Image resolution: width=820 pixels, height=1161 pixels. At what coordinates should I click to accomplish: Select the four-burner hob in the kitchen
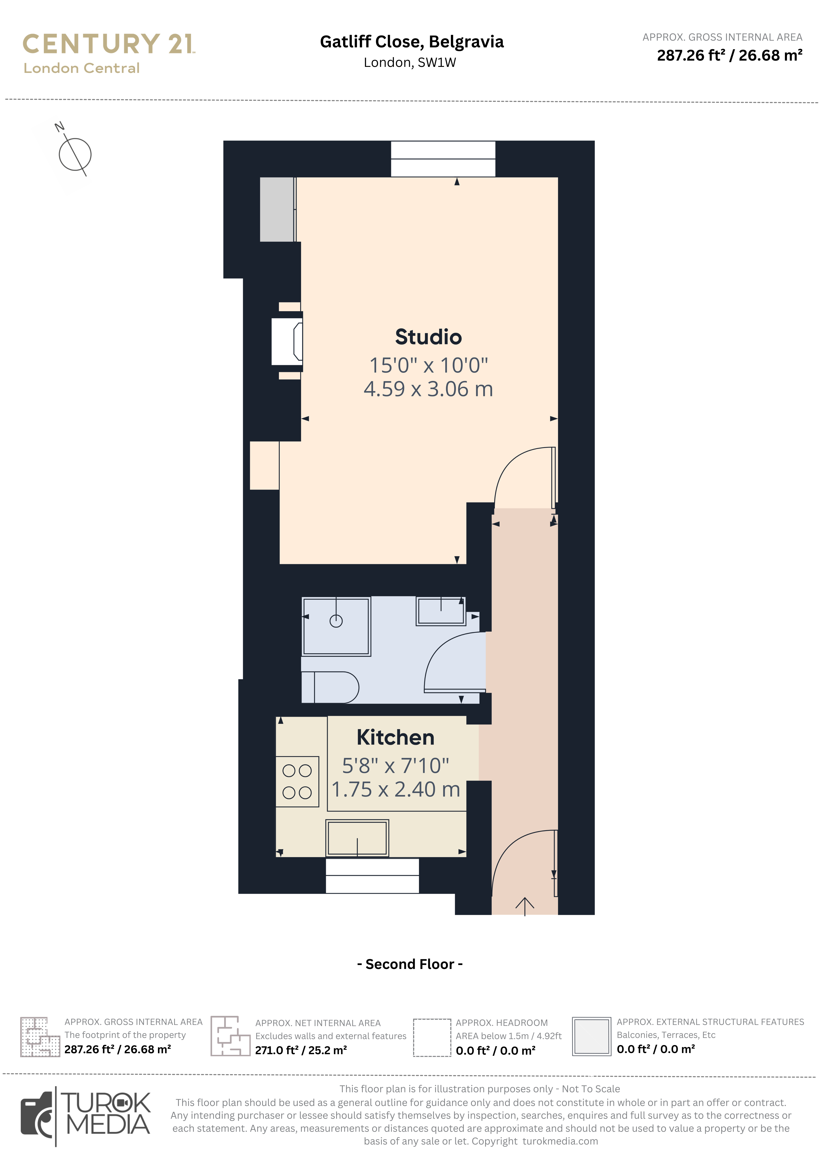[x=297, y=781]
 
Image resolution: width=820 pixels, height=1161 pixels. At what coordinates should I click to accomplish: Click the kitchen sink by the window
[x=357, y=838]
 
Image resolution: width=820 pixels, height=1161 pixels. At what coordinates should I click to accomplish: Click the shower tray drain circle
[x=336, y=621]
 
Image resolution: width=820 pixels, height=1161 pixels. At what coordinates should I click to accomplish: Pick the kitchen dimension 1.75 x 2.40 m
[x=396, y=789]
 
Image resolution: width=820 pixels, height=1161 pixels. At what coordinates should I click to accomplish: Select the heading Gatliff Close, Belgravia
[x=412, y=42]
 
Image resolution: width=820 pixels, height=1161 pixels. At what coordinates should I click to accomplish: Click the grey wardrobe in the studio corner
[x=277, y=209]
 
